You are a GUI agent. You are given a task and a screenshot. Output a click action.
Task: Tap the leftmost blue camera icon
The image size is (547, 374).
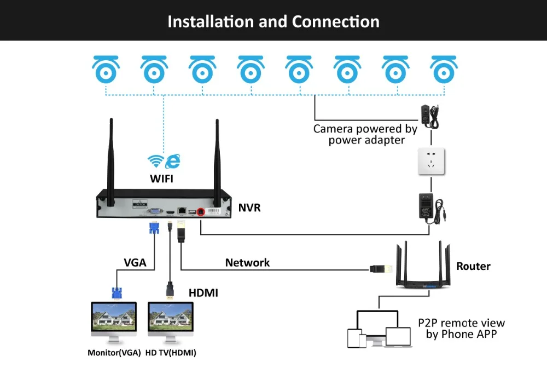106,70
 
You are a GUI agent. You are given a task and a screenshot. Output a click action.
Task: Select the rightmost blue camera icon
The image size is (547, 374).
444,70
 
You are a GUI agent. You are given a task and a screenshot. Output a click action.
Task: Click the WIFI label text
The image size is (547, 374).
161,179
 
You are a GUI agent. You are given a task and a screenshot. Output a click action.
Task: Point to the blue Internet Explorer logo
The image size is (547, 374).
173,161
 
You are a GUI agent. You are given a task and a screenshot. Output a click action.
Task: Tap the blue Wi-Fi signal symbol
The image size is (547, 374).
155,160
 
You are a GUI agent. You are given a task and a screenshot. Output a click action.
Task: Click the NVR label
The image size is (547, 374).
249,208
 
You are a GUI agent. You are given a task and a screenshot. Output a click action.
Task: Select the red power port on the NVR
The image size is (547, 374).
201,212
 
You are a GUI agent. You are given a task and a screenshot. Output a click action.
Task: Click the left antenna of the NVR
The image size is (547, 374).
111,163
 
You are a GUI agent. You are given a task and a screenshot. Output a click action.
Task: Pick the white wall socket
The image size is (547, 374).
431,161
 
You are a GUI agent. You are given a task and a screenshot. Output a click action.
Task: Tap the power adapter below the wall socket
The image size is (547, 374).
431,209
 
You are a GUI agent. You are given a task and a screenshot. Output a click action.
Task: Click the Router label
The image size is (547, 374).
473,267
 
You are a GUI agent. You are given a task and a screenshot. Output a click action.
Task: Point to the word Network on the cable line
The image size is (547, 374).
247,263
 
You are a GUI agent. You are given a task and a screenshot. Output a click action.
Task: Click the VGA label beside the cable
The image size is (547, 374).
135,263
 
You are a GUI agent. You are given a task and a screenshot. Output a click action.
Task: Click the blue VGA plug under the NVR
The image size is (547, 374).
154,228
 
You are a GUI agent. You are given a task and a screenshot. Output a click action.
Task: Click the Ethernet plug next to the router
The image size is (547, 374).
381,269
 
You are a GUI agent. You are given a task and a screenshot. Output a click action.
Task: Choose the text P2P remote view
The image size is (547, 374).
461,323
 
